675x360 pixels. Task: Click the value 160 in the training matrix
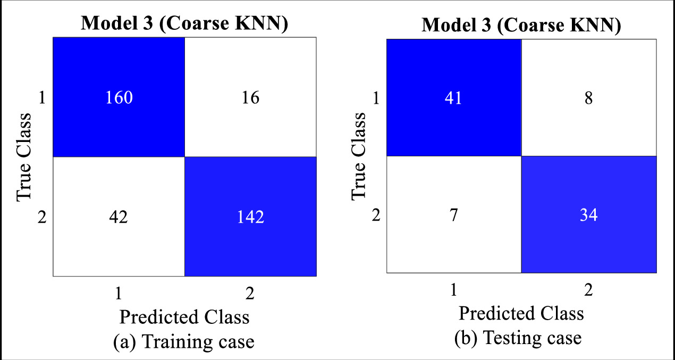point(119,99)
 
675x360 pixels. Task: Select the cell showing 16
point(250,99)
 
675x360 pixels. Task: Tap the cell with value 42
point(119,217)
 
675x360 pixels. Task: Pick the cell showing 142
point(250,217)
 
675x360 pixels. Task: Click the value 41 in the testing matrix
point(453,98)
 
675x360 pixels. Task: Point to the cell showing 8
point(588,98)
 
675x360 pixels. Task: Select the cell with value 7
point(453,215)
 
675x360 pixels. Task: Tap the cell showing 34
point(588,215)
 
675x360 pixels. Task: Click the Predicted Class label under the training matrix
point(184,317)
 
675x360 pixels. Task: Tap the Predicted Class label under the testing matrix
point(521,313)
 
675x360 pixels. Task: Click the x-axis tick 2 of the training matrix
point(250,293)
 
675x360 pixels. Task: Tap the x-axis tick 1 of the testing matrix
point(453,290)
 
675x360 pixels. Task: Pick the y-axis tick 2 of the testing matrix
point(377,215)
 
